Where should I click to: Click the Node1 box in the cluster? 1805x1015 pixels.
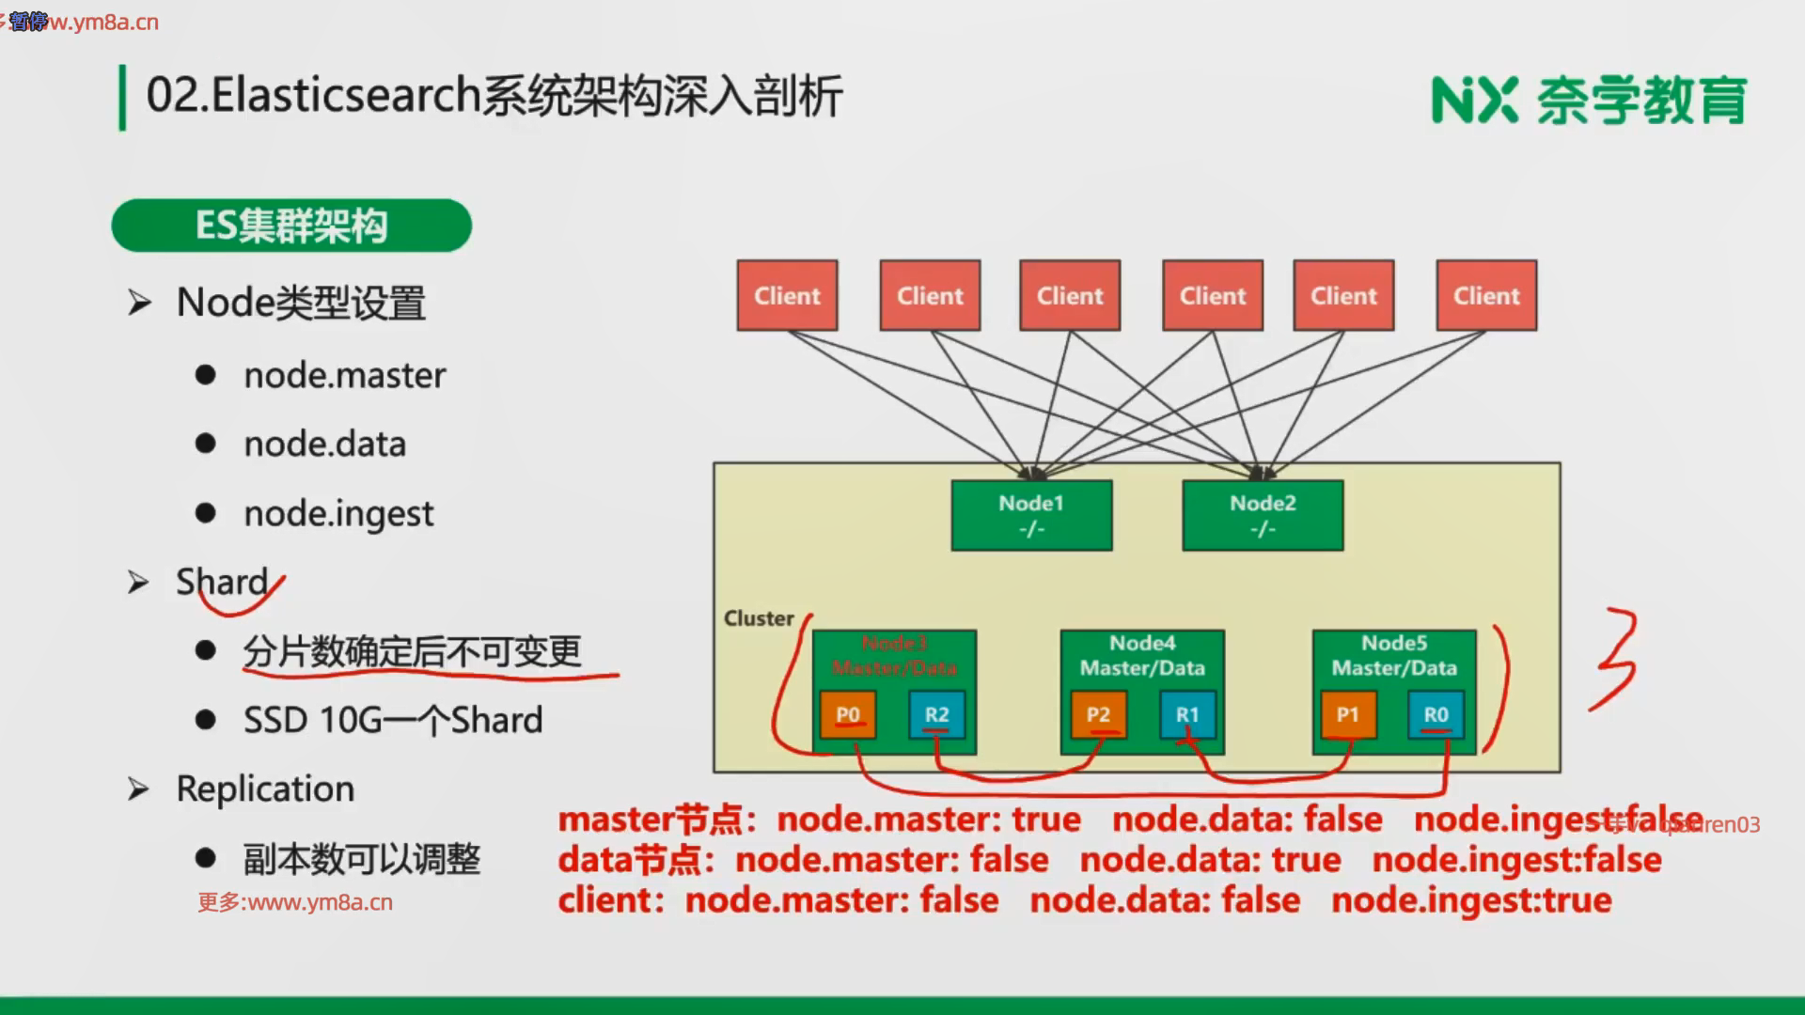point(1031,515)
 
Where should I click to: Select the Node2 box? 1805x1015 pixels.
point(1263,515)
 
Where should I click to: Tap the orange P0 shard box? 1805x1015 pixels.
point(847,714)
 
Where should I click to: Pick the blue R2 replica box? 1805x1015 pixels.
point(936,714)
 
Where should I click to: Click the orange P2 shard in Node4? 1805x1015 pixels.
point(1098,714)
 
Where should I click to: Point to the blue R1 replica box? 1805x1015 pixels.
point(1187,714)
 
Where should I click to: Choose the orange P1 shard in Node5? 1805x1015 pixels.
point(1347,714)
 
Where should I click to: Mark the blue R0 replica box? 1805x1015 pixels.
point(1436,714)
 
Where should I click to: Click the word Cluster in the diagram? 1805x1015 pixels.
point(759,618)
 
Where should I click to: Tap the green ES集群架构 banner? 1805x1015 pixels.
point(291,226)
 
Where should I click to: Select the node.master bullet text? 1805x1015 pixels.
point(344,375)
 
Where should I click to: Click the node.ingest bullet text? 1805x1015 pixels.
point(338,514)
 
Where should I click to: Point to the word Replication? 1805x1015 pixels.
point(265,789)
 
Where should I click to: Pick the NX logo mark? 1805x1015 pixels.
point(1474,100)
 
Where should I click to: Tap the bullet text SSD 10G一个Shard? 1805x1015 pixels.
point(393,720)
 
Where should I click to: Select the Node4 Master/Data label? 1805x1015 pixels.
point(1142,655)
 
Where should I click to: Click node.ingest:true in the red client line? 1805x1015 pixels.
point(1471,900)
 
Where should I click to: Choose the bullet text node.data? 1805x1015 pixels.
point(324,444)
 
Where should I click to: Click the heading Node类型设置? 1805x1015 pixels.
point(301,303)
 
